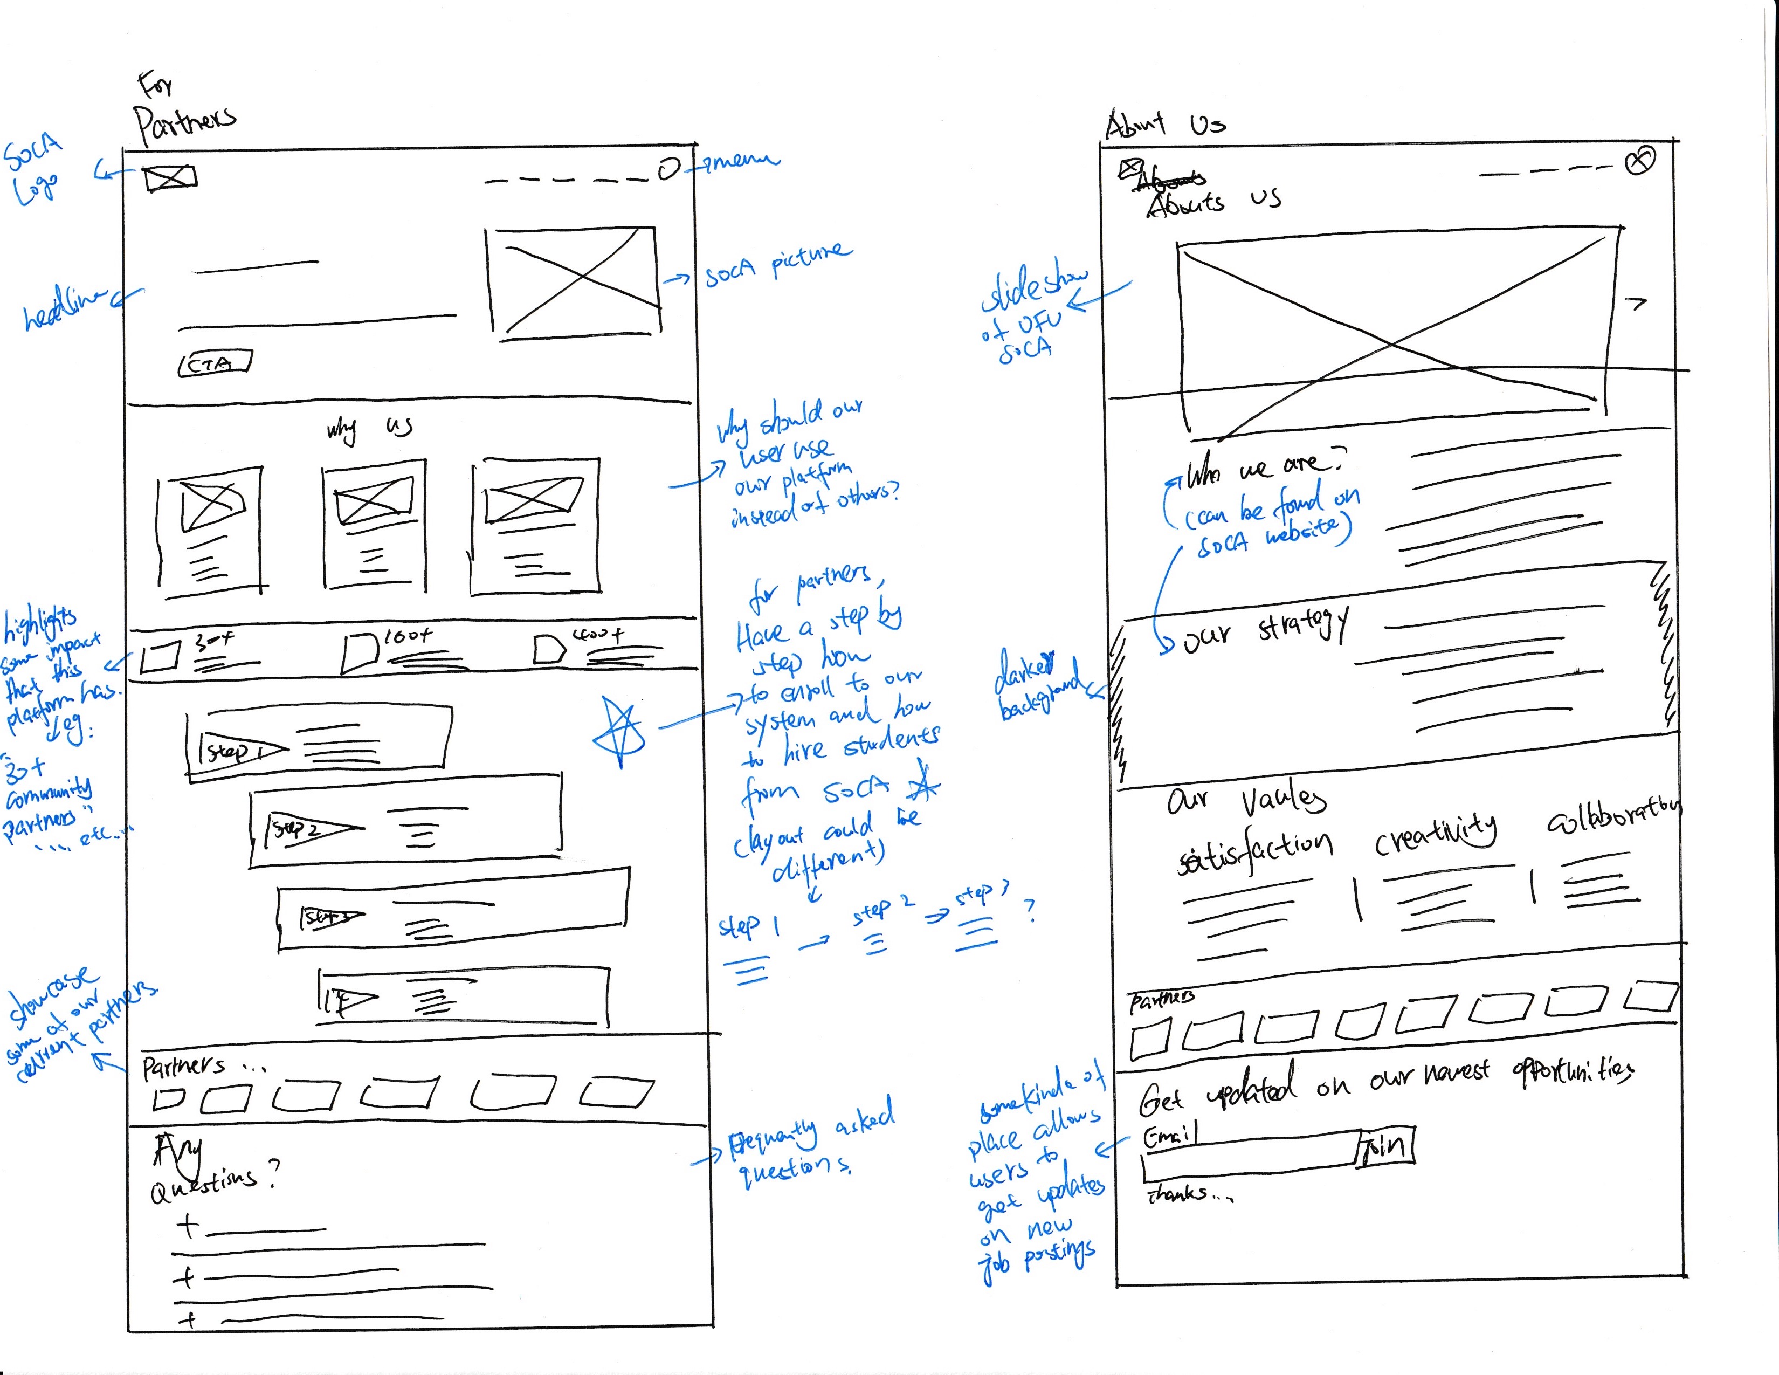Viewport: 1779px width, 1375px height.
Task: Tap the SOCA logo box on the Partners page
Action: [x=170, y=177]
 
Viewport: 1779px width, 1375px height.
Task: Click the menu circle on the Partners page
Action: [x=668, y=169]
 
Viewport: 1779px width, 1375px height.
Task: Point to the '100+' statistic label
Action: [x=407, y=636]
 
